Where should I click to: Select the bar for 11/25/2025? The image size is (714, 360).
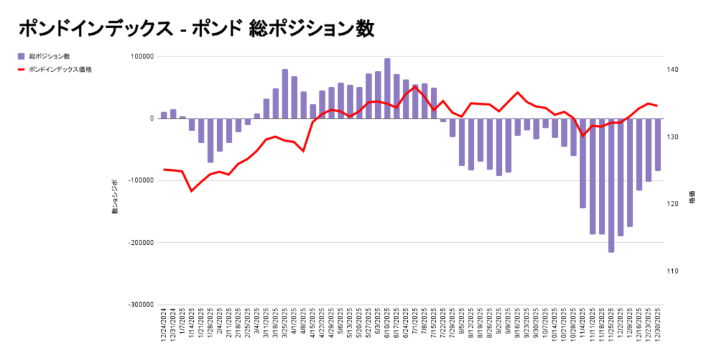pyautogui.click(x=612, y=185)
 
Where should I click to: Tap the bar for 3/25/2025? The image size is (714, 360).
pyautogui.click(x=285, y=94)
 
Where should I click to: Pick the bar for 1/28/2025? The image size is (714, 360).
pyautogui.click(x=211, y=140)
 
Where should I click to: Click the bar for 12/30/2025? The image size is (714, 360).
pyautogui.click(x=658, y=144)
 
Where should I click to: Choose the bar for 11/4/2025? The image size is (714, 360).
pyautogui.click(x=583, y=163)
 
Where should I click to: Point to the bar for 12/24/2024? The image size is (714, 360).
pyautogui.click(x=164, y=115)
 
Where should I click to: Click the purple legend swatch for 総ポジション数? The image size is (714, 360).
pyautogui.click(x=22, y=56)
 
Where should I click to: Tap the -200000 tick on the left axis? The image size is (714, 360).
pyautogui.click(x=139, y=243)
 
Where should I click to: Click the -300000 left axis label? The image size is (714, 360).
pyautogui.click(x=139, y=305)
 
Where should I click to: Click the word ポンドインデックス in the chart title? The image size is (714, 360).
pyautogui.click(x=95, y=29)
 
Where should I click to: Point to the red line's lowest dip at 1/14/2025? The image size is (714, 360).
pyautogui.click(x=192, y=191)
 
